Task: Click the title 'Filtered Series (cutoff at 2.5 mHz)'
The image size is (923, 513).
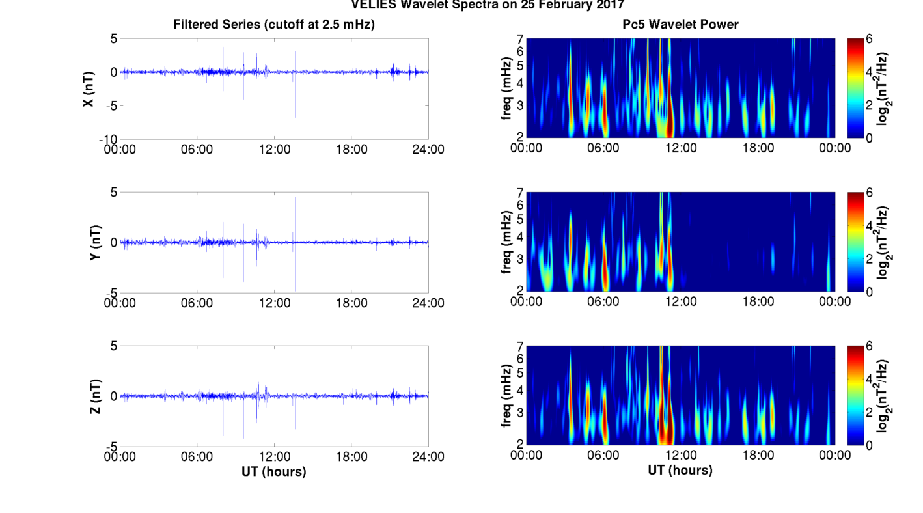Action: [x=273, y=25]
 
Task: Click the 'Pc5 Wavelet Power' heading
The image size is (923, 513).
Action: [x=680, y=25]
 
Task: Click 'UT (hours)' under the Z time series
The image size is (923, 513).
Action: [x=273, y=471]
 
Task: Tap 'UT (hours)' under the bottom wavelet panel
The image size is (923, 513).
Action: [x=680, y=470]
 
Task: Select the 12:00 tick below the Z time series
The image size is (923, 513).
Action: [x=274, y=456]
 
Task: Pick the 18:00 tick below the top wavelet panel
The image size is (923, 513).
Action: [x=758, y=148]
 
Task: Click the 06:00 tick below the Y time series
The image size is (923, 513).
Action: [x=197, y=303]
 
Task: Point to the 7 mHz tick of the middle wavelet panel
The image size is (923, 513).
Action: [x=520, y=193]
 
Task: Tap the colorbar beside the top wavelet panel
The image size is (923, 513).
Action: [x=856, y=88]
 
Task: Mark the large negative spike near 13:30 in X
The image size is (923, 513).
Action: [x=295, y=111]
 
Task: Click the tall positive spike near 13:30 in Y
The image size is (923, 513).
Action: [x=296, y=202]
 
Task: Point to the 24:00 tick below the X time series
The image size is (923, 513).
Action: [x=428, y=149]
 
